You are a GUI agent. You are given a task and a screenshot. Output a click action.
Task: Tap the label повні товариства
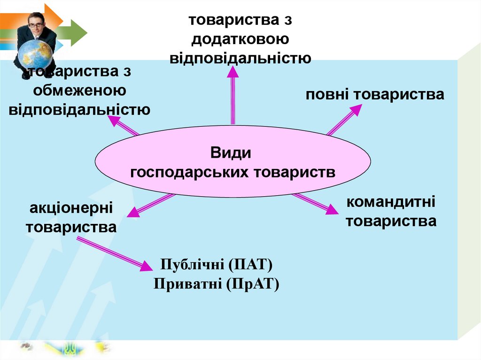point(375,95)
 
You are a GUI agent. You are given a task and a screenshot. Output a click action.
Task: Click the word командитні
point(391,203)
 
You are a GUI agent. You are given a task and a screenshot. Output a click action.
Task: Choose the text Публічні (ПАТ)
point(217,265)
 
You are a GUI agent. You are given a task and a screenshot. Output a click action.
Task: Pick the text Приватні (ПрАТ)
point(217,284)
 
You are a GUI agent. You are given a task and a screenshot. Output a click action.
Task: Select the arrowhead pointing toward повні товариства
point(355,110)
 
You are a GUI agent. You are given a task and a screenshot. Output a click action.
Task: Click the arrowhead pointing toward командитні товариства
point(331,209)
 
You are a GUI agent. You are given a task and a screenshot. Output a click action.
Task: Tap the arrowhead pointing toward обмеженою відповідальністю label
point(115,121)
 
